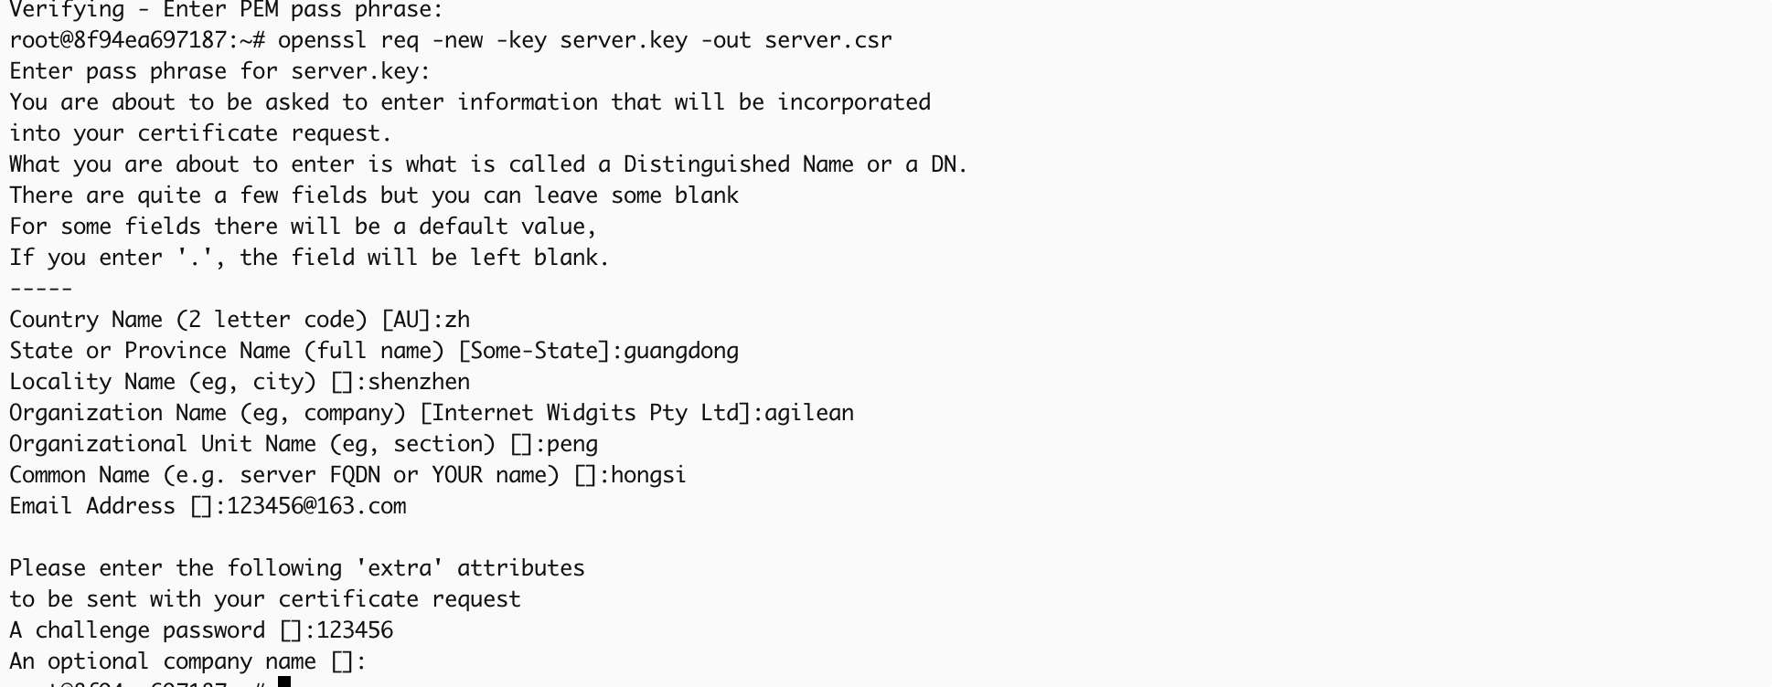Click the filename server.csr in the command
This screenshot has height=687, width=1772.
pyautogui.click(x=827, y=40)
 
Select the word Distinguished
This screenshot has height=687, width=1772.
pyautogui.click(x=706, y=164)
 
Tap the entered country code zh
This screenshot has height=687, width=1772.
pyautogui.click(x=457, y=320)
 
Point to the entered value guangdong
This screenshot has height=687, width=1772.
pyautogui.click(x=681, y=351)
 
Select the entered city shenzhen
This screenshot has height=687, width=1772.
pyautogui.click(x=419, y=382)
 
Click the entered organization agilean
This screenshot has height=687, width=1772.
pyautogui.click(x=809, y=413)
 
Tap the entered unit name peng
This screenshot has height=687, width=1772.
pyautogui.click(x=572, y=444)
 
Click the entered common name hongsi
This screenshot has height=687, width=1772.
pyautogui.click(x=648, y=475)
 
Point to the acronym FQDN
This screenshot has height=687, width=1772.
pyautogui.click(x=355, y=475)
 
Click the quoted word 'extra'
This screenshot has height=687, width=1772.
pyautogui.click(x=393, y=568)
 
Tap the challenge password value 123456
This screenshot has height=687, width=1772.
pyautogui.click(x=355, y=630)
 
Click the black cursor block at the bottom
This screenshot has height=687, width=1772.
pyautogui.click(x=284, y=682)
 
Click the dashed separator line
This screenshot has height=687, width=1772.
pyautogui.click(x=41, y=289)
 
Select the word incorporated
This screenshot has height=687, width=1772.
pyautogui.click(x=854, y=102)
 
